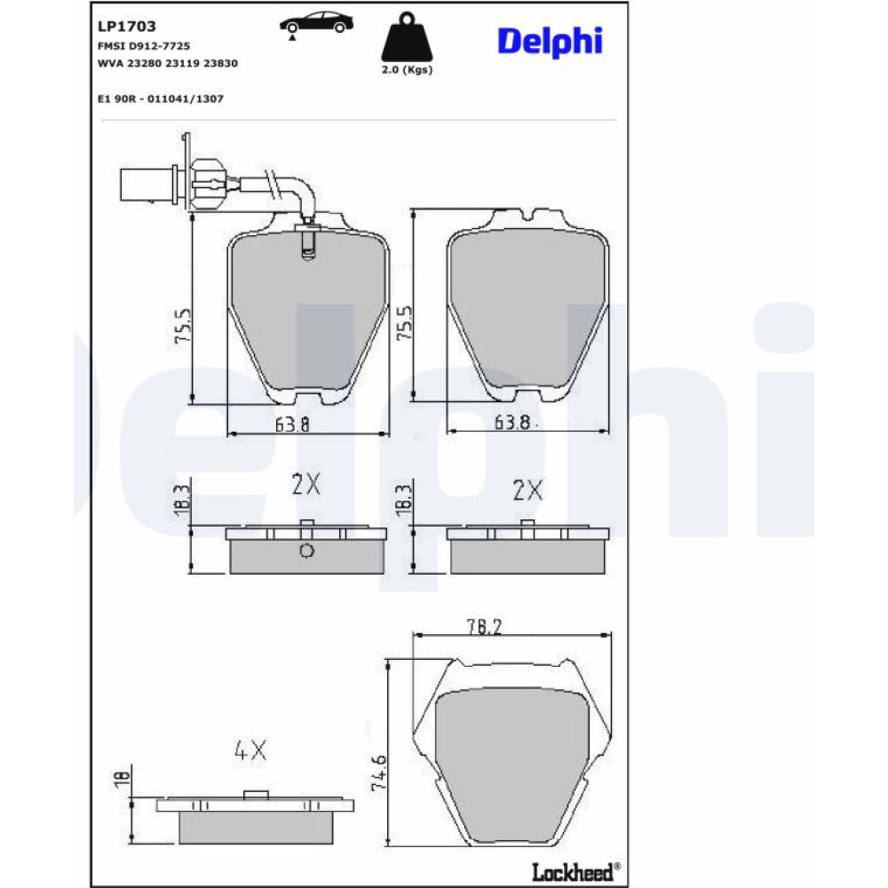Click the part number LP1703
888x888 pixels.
tap(127, 26)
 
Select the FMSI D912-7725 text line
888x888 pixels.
tap(144, 46)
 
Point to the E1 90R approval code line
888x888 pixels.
tap(161, 99)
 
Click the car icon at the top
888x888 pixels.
tap(316, 25)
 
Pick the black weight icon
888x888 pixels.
tap(407, 36)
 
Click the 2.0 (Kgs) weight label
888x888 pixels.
tap(407, 69)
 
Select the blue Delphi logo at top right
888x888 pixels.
tap(550, 42)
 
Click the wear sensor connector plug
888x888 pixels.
tap(147, 184)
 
